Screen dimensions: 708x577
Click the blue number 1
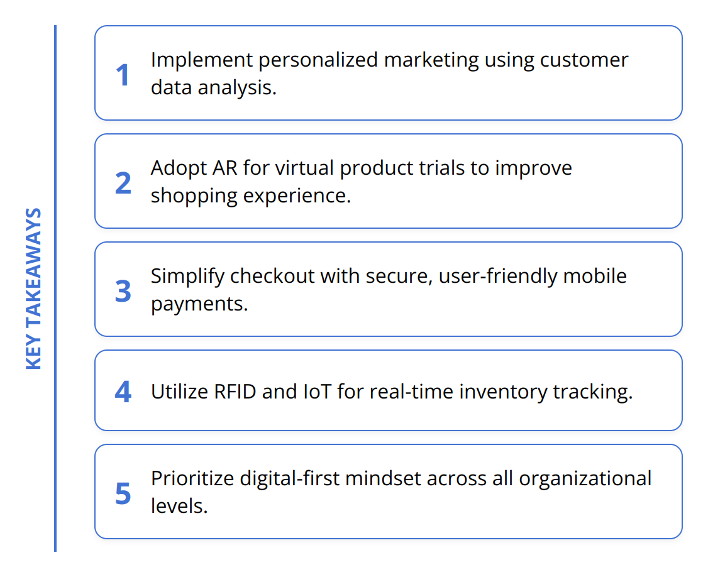[x=123, y=75]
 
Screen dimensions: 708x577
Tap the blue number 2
[x=123, y=183]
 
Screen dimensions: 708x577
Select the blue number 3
[x=123, y=291]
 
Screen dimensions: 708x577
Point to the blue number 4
[x=123, y=392]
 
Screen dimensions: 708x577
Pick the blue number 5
[x=123, y=493]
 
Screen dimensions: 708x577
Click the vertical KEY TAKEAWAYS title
[x=33, y=288]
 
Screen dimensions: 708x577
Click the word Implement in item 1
[x=202, y=60]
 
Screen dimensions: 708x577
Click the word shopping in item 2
[x=194, y=196]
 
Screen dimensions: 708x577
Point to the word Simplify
[x=187, y=277]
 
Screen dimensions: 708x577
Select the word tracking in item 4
[x=593, y=392]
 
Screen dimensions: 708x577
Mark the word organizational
[x=585, y=479]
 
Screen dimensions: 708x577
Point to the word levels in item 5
[x=179, y=506]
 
